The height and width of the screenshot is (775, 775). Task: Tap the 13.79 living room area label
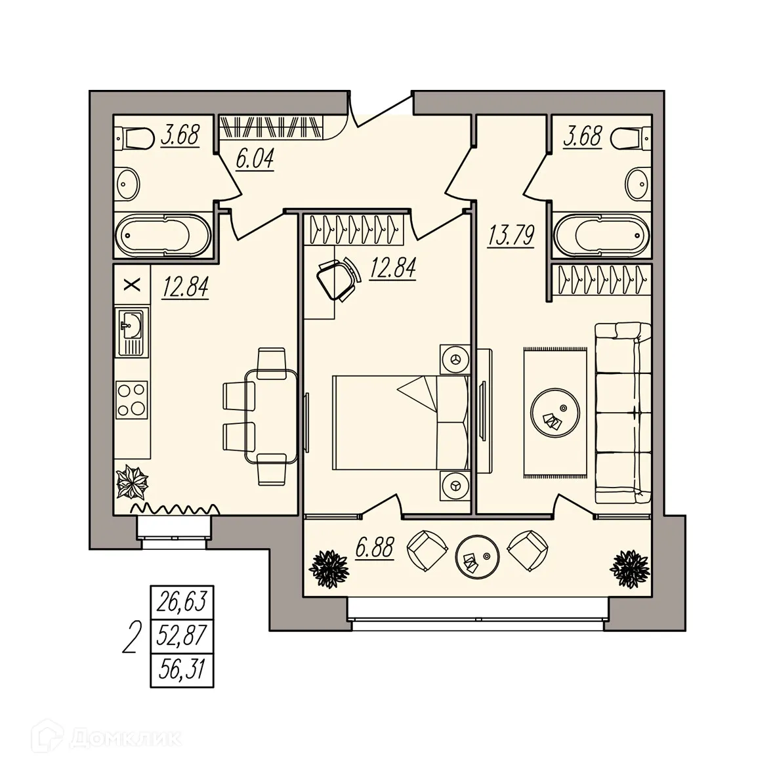[511, 234]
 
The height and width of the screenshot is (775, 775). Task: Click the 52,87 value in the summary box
[183, 635]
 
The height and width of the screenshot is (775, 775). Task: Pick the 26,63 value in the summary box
[183, 602]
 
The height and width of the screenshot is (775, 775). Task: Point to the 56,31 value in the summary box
[183, 669]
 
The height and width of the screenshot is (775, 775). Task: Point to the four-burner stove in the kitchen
[131, 400]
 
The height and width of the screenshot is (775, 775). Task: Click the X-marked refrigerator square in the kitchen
[133, 284]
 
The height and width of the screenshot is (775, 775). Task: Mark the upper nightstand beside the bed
[455, 359]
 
